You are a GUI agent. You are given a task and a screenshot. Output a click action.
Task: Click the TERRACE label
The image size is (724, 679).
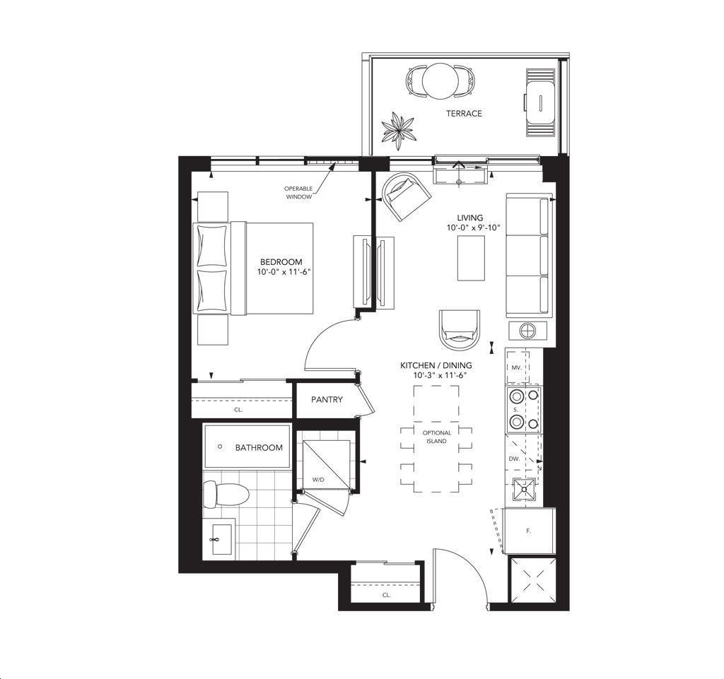pyautogui.click(x=464, y=114)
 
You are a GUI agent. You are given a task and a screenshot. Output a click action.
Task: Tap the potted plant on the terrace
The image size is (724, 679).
pyautogui.click(x=398, y=131)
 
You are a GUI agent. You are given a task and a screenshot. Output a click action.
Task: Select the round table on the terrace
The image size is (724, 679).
pyautogui.click(x=440, y=81)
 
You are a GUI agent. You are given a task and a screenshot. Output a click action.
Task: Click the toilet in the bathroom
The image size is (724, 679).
pyautogui.click(x=226, y=494)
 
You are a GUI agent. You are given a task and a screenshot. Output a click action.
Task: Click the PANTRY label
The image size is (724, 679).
pyautogui.click(x=327, y=399)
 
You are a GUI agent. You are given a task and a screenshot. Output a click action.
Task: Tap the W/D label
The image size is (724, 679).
pyautogui.click(x=318, y=479)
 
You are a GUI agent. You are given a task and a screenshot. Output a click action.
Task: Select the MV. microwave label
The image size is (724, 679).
pyautogui.click(x=516, y=367)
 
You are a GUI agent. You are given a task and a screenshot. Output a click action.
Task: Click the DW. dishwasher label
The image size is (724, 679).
pyautogui.click(x=514, y=459)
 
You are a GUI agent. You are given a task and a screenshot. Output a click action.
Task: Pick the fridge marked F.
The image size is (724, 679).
pyautogui.click(x=529, y=531)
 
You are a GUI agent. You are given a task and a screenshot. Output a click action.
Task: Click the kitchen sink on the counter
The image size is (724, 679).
pyautogui.click(x=525, y=489)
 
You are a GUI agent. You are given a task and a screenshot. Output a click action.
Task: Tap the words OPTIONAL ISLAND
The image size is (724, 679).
pyautogui.click(x=437, y=437)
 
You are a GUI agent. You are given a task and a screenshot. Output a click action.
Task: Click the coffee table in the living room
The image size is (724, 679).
pyautogui.click(x=471, y=258)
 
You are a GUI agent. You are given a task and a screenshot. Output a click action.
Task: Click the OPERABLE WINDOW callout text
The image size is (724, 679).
pyautogui.click(x=298, y=193)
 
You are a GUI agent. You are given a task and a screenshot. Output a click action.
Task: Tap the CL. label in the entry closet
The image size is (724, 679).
pyautogui.click(x=387, y=595)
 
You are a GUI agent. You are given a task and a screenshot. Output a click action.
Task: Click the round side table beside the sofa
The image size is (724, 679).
pyautogui.click(x=527, y=330)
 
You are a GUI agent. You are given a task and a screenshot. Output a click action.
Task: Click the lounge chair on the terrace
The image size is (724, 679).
pyautogui.click(x=539, y=102)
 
